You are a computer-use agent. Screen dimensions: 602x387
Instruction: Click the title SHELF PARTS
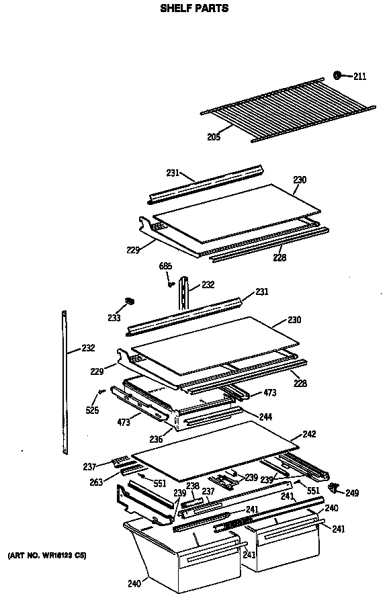193,9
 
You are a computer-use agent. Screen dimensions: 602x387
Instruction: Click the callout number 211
359,76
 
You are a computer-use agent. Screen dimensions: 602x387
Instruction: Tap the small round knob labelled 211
340,75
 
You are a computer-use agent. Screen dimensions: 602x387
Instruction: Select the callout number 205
213,137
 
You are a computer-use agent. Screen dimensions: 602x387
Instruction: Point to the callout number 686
165,267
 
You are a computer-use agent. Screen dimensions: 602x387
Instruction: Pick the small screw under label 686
171,284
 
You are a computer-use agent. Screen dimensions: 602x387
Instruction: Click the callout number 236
157,439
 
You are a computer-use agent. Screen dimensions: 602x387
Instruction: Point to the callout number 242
308,434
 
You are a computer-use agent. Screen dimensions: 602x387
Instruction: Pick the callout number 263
96,482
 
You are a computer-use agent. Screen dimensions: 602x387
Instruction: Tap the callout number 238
193,486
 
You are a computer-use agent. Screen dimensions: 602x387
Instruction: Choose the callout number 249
352,493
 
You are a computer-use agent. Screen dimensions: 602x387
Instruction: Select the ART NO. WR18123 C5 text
46,556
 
